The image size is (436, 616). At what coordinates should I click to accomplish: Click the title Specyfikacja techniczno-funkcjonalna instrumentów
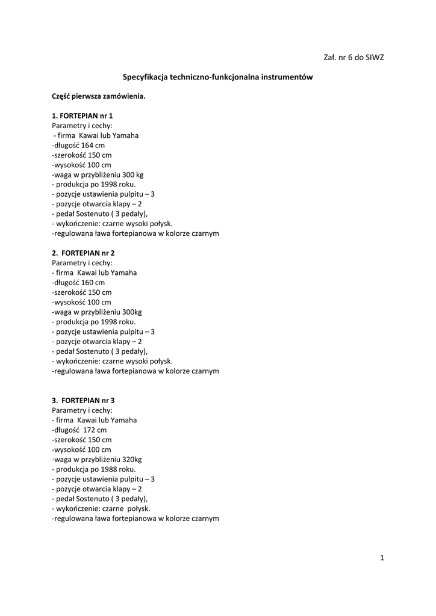218,77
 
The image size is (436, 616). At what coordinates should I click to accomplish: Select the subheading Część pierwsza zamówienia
99,96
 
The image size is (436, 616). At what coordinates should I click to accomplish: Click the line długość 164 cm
78,145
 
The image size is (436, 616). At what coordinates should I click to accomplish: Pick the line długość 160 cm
78,282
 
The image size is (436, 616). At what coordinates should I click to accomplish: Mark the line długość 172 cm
79,430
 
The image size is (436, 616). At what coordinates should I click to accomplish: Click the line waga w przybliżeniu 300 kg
98,174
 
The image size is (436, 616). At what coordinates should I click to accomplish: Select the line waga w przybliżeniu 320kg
96,459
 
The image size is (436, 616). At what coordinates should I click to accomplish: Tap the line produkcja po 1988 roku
94,469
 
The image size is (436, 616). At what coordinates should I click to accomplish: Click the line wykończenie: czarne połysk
101,508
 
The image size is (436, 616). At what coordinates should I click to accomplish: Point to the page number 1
382,558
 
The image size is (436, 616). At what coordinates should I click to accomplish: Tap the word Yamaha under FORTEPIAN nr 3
125,420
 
